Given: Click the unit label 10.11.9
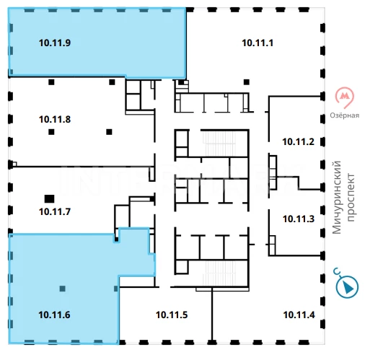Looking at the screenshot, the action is pyautogui.click(x=55, y=43).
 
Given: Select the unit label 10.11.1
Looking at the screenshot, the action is pyautogui.click(x=258, y=43).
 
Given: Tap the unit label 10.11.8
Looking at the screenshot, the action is pyautogui.click(x=55, y=119).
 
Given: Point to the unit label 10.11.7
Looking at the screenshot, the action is pyautogui.click(x=55, y=211).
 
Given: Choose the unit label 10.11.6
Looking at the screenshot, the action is pyautogui.click(x=54, y=315).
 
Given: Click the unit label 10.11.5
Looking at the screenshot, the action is pyautogui.click(x=172, y=315).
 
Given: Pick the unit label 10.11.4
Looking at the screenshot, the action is pyautogui.click(x=299, y=315).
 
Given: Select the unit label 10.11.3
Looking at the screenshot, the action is pyautogui.click(x=299, y=219).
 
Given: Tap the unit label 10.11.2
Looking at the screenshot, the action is pyautogui.click(x=298, y=142).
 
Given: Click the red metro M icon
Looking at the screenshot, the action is pyautogui.click(x=345, y=97).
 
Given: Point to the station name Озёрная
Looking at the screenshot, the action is pyautogui.click(x=345, y=115).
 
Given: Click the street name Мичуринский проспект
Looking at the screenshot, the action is pyautogui.click(x=343, y=197).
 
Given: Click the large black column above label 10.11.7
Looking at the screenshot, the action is pyautogui.click(x=49, y=199).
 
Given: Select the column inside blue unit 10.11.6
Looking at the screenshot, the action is pyautogui.click(x=62, y=289).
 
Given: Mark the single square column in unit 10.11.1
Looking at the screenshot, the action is pyautogui.click(x=247, y=82).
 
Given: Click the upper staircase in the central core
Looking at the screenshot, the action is pyautogui.click(x=219, y=144).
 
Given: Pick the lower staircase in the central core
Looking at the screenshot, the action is pyautogui.click(x=219, y=273).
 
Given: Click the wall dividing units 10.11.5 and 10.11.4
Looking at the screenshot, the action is pyautogui.click(x=212, y=315).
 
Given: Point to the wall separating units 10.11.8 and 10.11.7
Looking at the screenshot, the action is pyautogui.click(x=82, y=166).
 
